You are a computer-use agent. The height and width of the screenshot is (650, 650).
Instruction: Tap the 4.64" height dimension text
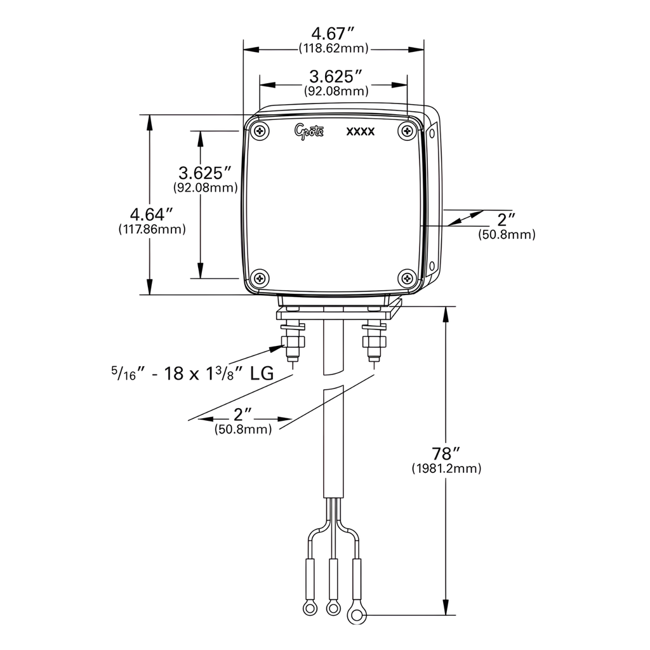(x=152, y=214)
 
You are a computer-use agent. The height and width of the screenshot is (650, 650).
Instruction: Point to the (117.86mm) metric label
(x=152, y=230)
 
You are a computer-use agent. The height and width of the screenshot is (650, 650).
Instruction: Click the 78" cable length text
(x=446, y=454)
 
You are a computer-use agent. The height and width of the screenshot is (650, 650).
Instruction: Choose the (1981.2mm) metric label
(x=446, y=469)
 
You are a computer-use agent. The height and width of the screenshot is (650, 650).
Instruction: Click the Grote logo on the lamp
(x=309, y=131)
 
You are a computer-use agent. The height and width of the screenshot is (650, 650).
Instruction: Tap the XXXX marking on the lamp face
(x=361, y=132)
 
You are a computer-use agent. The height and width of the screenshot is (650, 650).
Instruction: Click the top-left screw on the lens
(x=261, y=131)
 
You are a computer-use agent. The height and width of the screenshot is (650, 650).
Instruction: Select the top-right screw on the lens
(x=407, y=131)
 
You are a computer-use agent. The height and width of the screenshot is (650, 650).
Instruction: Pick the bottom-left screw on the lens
(x=261, y=277)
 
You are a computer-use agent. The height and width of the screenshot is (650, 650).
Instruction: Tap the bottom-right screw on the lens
(x=407, y=277)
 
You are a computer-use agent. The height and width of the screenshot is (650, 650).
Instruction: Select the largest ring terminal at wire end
(x=357, y=613)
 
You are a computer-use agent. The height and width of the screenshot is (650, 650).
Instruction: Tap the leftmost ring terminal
(x=310, y=609)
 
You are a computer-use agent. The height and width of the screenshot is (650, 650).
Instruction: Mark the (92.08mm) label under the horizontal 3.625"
(x=336, y=91)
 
